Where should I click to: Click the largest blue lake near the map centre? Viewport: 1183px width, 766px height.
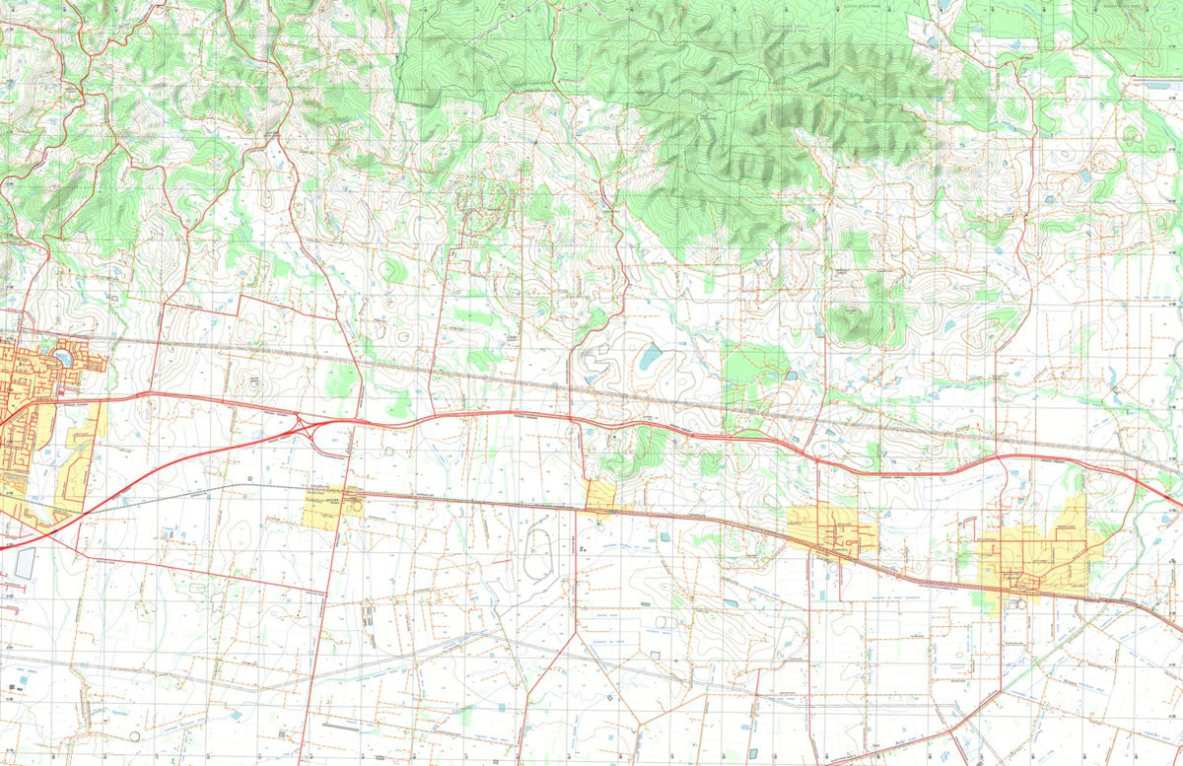click(651, 356)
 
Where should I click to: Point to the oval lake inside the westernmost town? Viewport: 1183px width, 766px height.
click(63, 356)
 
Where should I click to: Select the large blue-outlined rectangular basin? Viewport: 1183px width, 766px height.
click(24, 563)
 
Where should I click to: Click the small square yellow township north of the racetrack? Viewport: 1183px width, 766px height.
click(599, 496)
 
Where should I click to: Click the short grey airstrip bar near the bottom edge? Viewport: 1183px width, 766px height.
click(340, 728)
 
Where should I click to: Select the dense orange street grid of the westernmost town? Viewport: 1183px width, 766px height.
click(25, 384)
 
